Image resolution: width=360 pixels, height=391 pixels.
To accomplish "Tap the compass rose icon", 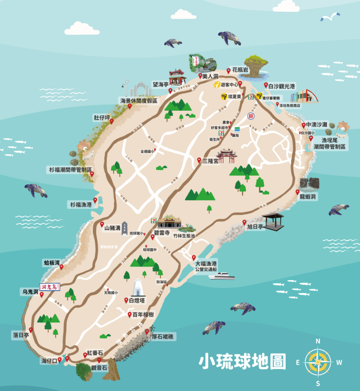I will [x=317, y=362].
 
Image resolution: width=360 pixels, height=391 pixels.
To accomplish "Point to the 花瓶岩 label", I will [x=240, y=71].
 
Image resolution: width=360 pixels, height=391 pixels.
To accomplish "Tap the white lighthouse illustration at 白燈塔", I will [x=137, y=289].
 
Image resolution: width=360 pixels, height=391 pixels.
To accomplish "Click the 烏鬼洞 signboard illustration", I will [x=51, y=287].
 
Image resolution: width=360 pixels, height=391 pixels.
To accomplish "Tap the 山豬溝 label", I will [x=112, y=228].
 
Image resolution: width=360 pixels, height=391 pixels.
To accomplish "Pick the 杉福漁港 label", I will [x=80, y=204].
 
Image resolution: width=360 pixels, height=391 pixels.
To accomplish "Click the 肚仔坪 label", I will [x=101, y=118].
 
